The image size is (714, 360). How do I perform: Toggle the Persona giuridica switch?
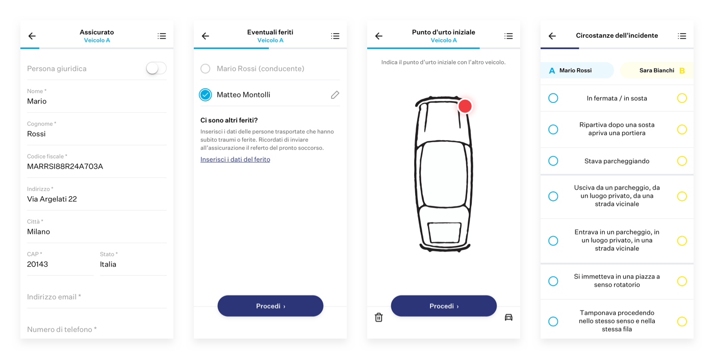pos(156,68)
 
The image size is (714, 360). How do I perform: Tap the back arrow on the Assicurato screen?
pos(32,36)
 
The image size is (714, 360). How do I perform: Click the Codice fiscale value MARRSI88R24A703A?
pos(65,166)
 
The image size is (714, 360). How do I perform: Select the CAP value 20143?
pos(37,264)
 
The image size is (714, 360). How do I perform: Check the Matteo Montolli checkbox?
pos(205,95)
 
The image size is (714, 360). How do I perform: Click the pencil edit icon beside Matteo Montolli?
pos(335,95)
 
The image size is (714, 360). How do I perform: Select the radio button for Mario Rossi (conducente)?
pos(205,68)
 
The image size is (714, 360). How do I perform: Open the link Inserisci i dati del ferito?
pos(235,159)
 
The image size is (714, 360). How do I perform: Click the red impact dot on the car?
pos(465,106)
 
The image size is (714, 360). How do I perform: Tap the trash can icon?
pos(378,317)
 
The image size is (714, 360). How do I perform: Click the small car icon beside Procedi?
pos(509,317)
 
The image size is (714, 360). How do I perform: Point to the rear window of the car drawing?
pos(444,232)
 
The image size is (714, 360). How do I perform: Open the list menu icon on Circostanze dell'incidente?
pos(682,36)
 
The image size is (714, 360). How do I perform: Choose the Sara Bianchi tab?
pos(657,70)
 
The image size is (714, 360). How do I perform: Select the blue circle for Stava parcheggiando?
pos(553,161)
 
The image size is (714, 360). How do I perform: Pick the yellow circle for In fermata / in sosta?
pos(682,98)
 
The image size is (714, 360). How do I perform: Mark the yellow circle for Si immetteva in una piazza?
pos(682,281)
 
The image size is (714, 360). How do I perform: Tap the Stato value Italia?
pos(108,264)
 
